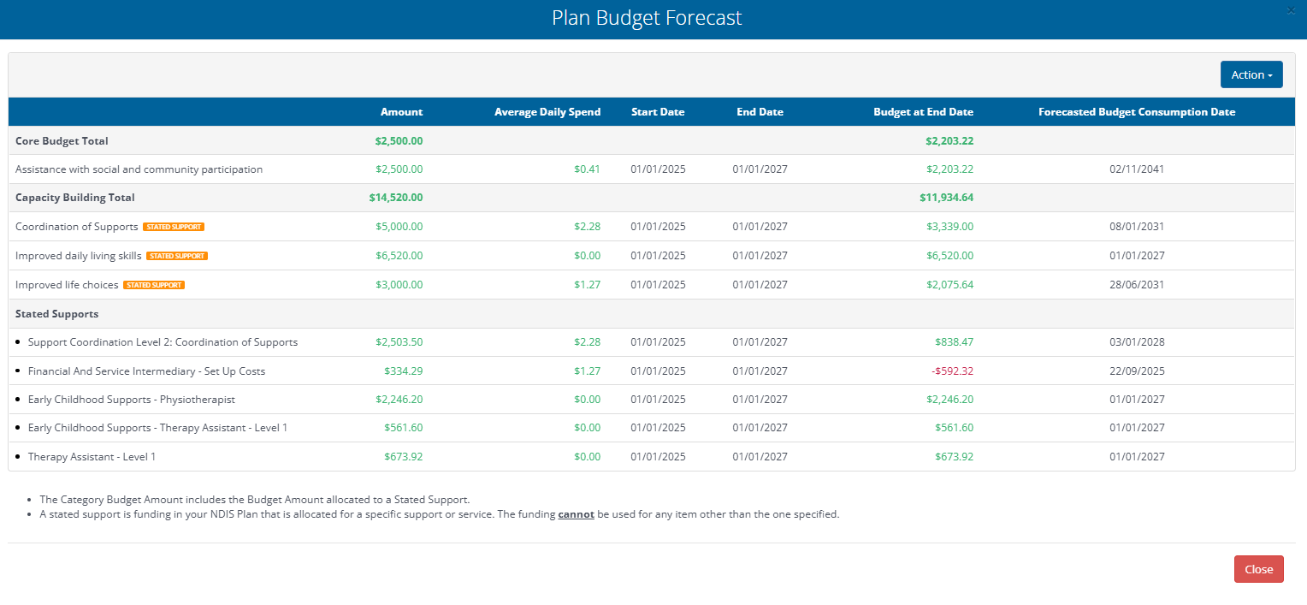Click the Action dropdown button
click(1251, 75)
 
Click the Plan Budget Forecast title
click(647, 18)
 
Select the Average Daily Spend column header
click(547, 112)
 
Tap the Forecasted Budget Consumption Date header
click(1136, 112)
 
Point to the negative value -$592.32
click(952, 371)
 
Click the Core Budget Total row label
click(62, 141)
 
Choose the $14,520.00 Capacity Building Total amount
click(396, 198)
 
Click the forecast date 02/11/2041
click(1136, 169)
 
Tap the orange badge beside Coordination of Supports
click(174, 227)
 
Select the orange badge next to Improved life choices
click(154, 285)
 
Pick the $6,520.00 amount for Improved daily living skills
click(399, 256)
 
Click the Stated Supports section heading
click(56, 314)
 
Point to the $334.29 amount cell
click(403, 371)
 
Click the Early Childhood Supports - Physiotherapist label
click(131, 400)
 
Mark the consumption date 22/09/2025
click(1136, 371)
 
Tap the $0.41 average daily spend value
click(587, 169)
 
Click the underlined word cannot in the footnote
click(576, 515)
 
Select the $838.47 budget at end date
click(954, 342)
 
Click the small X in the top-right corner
click(1290, 10)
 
